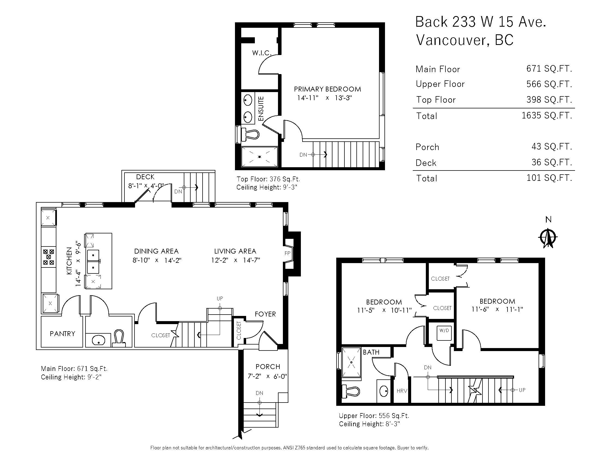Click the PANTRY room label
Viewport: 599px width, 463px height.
click(x=62, y=334)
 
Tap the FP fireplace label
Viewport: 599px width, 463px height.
click(x=287, y=254)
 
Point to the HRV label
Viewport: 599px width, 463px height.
click(x=402, y=391)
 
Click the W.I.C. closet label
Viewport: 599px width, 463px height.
click(x=262, y=53)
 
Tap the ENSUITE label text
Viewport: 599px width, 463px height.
click(x=261, y=109)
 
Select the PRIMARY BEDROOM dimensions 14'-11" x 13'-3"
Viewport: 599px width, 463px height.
click(x=325, y=98)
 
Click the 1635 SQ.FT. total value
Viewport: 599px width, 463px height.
click(x=547, y=115)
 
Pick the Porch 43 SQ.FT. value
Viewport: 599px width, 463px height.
click(x=552, y=147)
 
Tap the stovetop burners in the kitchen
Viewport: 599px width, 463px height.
click(x=48, y=257)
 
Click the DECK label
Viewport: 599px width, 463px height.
click(x=145, y=177)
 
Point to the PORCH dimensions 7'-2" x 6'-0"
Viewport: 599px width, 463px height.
click(x=267, y=376)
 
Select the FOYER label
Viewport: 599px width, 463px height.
click(x=265, y=314)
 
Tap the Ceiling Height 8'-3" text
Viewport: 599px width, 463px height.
click(x=369, y=424)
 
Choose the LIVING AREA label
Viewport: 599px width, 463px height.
click(x=235, y=251)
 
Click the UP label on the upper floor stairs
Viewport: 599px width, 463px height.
click(x=522, y=390)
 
